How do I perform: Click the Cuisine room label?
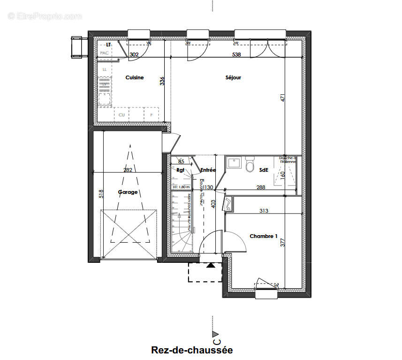[134, 78]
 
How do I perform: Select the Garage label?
[128, 192]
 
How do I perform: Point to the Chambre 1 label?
[264, 236]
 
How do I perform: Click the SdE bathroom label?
[264, 170]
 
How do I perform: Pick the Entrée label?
[208, 170]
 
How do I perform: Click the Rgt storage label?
[180, 170]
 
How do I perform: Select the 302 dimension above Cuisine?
[134, 55]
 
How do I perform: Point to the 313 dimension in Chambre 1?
[264, 211]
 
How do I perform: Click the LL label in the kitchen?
[105, 69]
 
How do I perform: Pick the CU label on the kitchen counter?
[121, 115]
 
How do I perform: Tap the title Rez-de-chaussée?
[192, 350]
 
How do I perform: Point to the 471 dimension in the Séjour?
[282, 98]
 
